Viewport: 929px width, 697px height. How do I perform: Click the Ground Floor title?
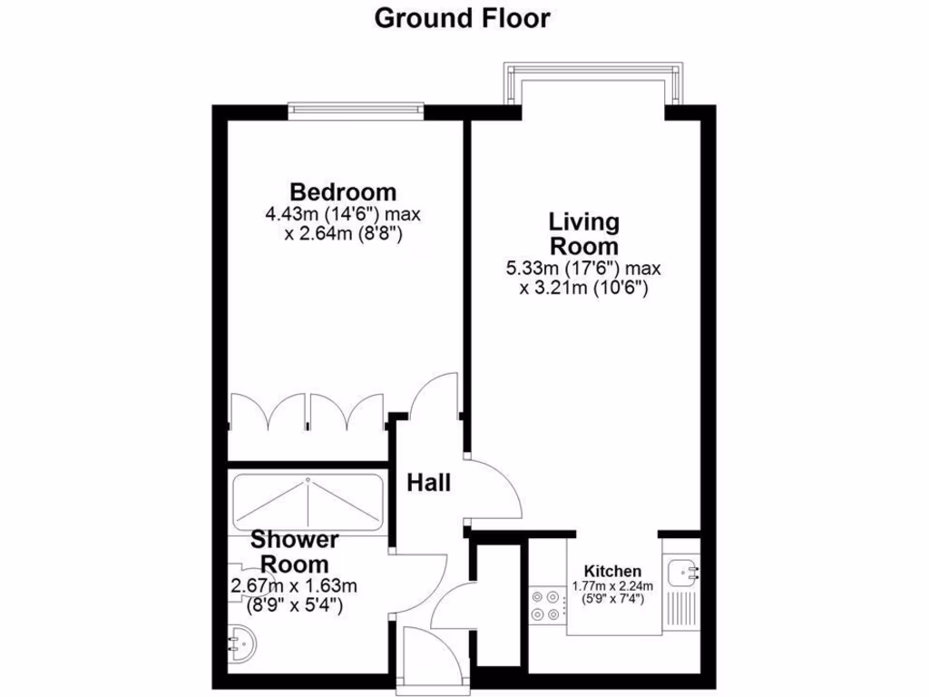462,18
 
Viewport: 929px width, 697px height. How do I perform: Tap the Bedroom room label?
343,192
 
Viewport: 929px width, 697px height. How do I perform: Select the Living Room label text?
583,234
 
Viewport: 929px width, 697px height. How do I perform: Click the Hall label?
428,483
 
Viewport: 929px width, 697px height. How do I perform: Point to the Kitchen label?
612,571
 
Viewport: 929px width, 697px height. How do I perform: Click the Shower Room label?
295,552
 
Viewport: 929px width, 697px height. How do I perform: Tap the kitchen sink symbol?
683,573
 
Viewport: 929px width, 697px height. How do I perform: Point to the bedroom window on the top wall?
356,110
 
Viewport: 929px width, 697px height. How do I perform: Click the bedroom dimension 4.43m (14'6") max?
343,215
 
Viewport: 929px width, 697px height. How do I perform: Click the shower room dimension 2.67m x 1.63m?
295,584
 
